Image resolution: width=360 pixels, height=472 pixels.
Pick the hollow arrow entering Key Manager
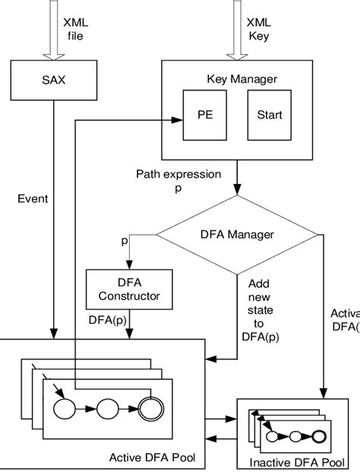tap(237, 34)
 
